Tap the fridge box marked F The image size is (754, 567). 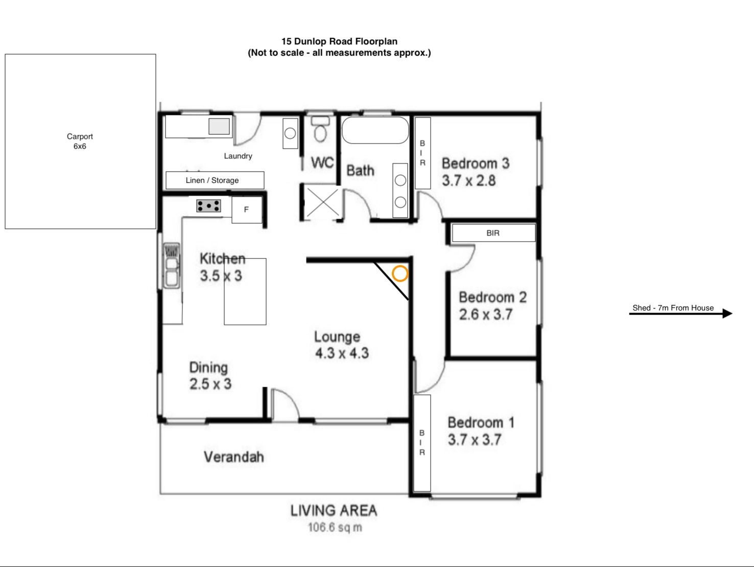(247, 209)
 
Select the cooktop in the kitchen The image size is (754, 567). (208, 206)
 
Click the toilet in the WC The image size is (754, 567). (320, 129)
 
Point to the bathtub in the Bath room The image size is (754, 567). (375, 130)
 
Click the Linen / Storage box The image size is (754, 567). (215, 180)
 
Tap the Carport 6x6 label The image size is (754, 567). (80, 141)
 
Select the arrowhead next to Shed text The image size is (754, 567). (727, 314)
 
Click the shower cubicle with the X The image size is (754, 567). (323, 202)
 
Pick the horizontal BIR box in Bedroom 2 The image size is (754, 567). (493, 233)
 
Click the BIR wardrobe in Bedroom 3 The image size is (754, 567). (423, 153)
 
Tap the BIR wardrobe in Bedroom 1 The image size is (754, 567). (422, 443)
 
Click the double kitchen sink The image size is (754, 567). (172, 266)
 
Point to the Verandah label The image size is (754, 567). (234, 457)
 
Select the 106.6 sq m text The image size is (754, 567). (335, 528)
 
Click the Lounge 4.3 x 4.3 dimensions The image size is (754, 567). (342, 353)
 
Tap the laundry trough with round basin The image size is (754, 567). (290, 134)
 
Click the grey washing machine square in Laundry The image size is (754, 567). (219, 126)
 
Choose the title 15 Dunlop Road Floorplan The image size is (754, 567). (339, 41)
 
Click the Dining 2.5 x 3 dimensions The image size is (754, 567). (210, 384)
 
